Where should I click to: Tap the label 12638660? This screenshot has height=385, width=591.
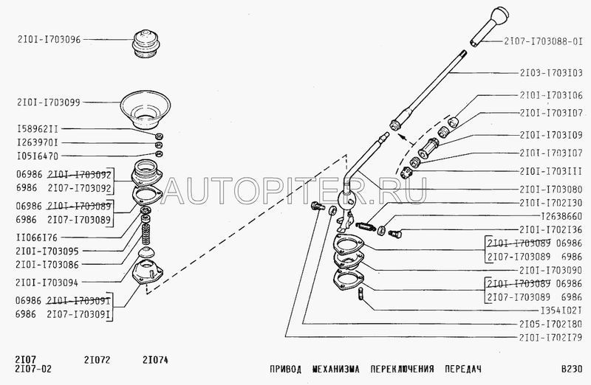pos(550,217)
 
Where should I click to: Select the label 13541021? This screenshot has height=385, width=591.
pos(550,310)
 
